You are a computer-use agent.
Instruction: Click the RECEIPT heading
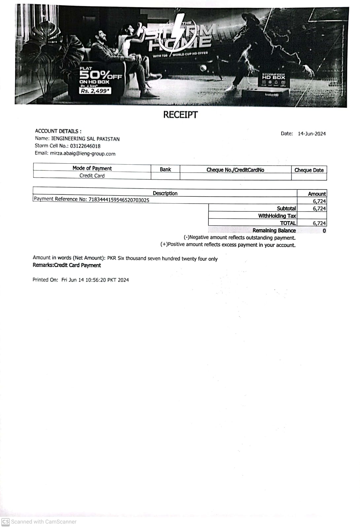coord(180,115)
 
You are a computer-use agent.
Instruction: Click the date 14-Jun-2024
coord(311,134)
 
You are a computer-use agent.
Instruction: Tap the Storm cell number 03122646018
coord(85,146)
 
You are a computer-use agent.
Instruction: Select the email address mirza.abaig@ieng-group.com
coord(83,153)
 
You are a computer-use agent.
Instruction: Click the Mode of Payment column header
coord(92,168)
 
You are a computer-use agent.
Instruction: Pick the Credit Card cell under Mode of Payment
coord(92,176)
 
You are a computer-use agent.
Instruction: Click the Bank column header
coord(165,169)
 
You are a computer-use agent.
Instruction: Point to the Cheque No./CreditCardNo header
coord(235,170)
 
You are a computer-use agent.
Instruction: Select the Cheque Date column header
coord(309,170)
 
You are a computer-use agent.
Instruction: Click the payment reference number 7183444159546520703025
coord(119,200)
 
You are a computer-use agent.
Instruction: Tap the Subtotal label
coord(286,209)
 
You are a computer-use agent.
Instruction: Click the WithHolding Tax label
coord(277,216)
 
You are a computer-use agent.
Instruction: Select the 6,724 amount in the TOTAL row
coord(319,223)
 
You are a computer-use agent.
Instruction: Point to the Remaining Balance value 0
coord(324,231)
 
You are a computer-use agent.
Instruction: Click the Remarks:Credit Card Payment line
coord(67,265)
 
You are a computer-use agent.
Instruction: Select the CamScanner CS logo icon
coord(6,522)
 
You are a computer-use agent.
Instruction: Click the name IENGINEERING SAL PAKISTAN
coord(85,139)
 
